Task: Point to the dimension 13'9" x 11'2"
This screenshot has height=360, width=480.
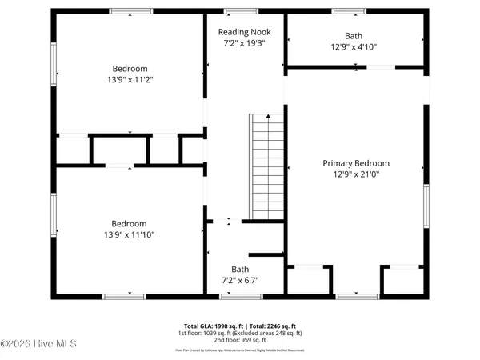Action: (129, 80)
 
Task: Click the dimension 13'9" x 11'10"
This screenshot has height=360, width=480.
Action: (129, 234)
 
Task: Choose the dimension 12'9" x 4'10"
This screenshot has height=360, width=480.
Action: (354, 47)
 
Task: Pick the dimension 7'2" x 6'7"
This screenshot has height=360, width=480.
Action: (240, 280)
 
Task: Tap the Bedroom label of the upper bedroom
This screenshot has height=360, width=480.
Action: (129, 69)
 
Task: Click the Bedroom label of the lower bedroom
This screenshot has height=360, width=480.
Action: (129, 223)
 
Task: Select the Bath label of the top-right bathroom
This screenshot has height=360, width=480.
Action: (354, 36)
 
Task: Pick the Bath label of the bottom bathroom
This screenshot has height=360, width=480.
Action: (240, 269)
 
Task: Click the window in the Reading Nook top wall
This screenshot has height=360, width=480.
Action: (236, 11)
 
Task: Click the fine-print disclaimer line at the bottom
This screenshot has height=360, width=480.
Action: (240, 350)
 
